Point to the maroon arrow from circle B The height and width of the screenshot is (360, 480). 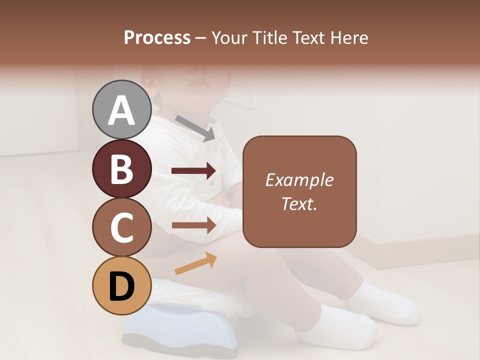[194, 171]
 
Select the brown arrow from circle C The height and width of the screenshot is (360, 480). [194, 225]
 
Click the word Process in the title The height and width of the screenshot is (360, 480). [157, 38]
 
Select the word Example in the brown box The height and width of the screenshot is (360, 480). [299, 180]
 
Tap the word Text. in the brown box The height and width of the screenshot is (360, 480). [299, 203]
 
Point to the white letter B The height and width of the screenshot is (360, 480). [122, 169]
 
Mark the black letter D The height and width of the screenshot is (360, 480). [122, 286]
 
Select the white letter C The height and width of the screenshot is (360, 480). [122, 228]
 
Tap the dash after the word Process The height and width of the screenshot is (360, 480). [200, 38]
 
